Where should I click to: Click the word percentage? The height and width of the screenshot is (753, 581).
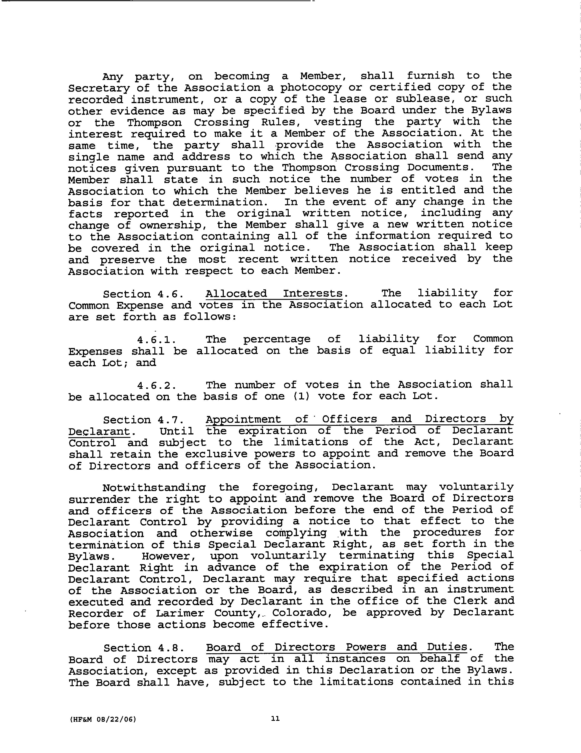pos(277,340)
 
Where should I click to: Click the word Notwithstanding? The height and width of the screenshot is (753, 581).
pos(154,488)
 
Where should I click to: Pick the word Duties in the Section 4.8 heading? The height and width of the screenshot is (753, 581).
pos(447,647)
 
